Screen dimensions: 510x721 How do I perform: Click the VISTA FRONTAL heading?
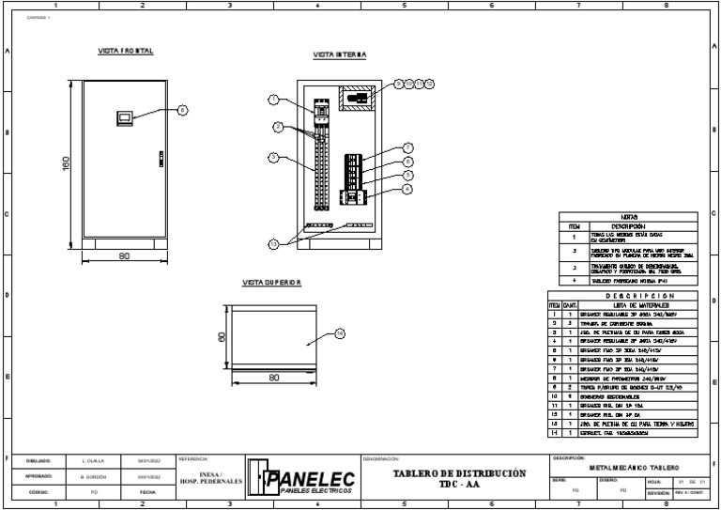[126, 51]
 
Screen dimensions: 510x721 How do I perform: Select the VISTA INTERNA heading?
[339, 55]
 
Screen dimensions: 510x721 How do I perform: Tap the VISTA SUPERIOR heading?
[272, 283]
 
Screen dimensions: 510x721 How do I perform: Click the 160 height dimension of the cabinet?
[67, 162]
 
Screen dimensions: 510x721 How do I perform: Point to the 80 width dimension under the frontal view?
[124, 255]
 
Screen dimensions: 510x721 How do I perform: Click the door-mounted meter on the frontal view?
[123, 118]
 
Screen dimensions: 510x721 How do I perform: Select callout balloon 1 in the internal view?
[273, 100]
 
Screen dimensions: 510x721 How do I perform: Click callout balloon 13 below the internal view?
[273, 243]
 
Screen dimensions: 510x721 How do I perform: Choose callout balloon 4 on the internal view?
[407, 188]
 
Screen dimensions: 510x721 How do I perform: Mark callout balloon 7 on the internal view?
[407, 147]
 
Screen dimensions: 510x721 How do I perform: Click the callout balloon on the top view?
[340, 333]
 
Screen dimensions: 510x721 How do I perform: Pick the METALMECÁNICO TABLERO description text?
[633, 466]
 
